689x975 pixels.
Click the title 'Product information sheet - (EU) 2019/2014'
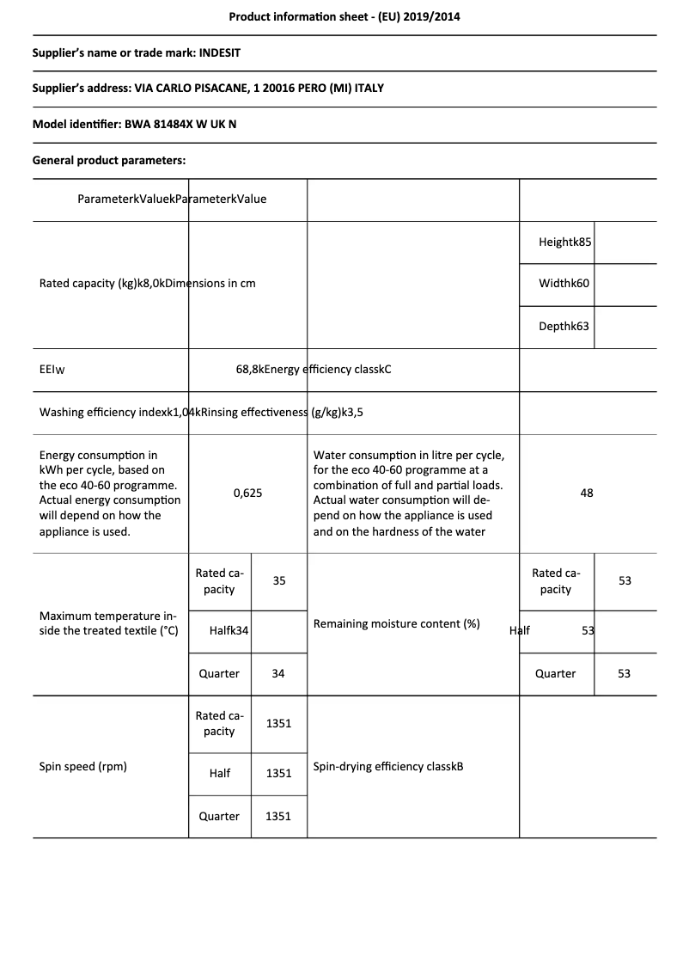344,16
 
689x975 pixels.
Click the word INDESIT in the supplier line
220,52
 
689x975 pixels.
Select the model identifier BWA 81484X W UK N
180,124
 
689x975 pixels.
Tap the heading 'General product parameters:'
109,160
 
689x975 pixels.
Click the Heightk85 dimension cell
565,242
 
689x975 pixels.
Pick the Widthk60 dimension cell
564,284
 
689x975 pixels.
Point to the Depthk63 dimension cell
564,327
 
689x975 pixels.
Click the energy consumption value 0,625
247,494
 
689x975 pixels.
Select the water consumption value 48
587,494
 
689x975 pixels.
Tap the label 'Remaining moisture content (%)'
396,623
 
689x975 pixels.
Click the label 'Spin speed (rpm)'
83,766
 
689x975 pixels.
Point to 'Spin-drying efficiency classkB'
388,766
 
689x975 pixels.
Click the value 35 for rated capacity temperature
279,581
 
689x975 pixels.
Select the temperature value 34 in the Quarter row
278,674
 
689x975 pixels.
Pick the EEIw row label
52,370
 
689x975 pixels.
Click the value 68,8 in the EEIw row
249,370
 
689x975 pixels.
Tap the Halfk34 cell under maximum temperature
229,631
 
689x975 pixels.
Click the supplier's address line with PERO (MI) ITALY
208,89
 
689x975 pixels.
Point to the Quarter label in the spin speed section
219,817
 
